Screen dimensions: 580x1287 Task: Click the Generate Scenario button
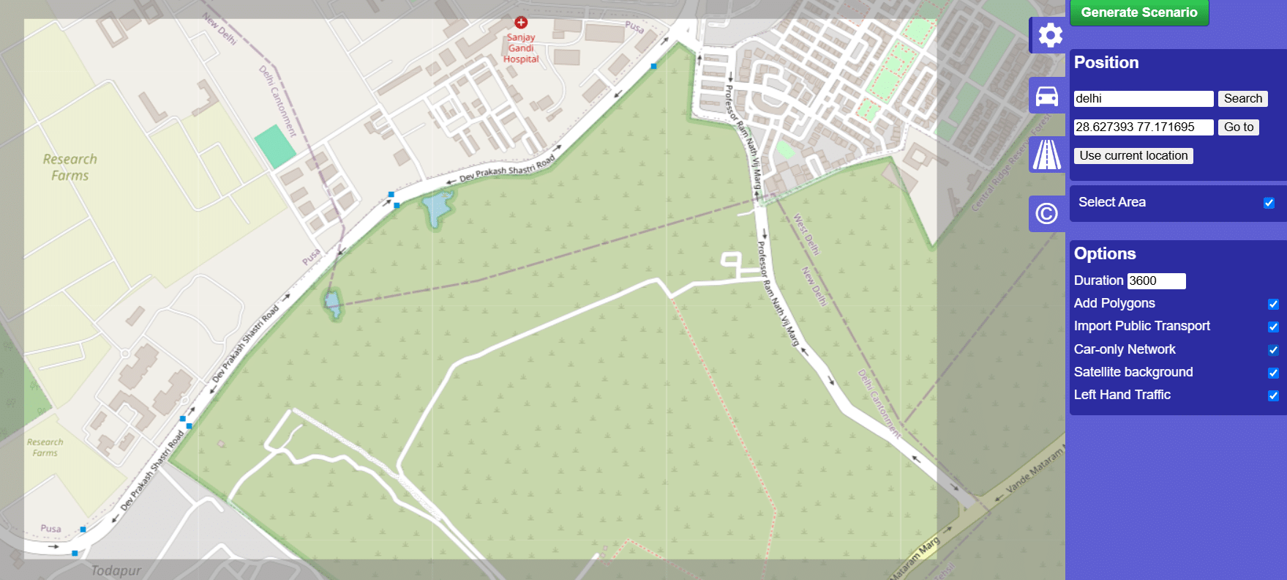pyautogui.click(x=1138, y=12)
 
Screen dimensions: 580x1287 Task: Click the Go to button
pyautogui.click(x=1238, y=127)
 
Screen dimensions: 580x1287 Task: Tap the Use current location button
pyautogui.click(x=1133, y=156)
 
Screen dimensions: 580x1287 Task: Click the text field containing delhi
pyautogui.click(x=1143, y=99)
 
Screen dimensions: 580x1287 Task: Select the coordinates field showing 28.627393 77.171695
pyautogui.click(x=1143, y=127)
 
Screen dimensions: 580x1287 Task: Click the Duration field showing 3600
pyautogui.click(x=1156, y=281)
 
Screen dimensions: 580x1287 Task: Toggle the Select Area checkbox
pyautogui.click(x=1269, y=203)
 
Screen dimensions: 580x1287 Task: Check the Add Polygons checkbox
pyautogui.click(x=1273, y=304)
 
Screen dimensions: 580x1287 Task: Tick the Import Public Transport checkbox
pyautogui.click(x=1273, y=327)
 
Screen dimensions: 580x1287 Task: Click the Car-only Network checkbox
pyautogui.click(x=1273, y=350)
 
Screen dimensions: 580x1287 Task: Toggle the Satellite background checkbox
pyautogui.click(x=1273, y=373)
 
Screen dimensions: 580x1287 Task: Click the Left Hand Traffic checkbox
pyautogui.click(x=1273, y=395)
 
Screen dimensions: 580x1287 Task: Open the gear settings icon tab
pyautogui.click(x=1049, y=35)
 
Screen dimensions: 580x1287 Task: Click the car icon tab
pyautogui.click(x=1047, y=96)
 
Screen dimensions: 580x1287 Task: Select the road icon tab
pyautogui.click(x=1047, y=155)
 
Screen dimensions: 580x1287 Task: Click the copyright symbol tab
pyautogui.click(x=1047, y=214)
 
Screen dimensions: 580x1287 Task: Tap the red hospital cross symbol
pyautogui.click(x=521, y=23)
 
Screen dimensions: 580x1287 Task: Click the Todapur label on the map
pyautogui.click(x=116, y=570)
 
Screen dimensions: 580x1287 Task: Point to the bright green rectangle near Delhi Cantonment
pyautogui.click(x=275, y=146)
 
